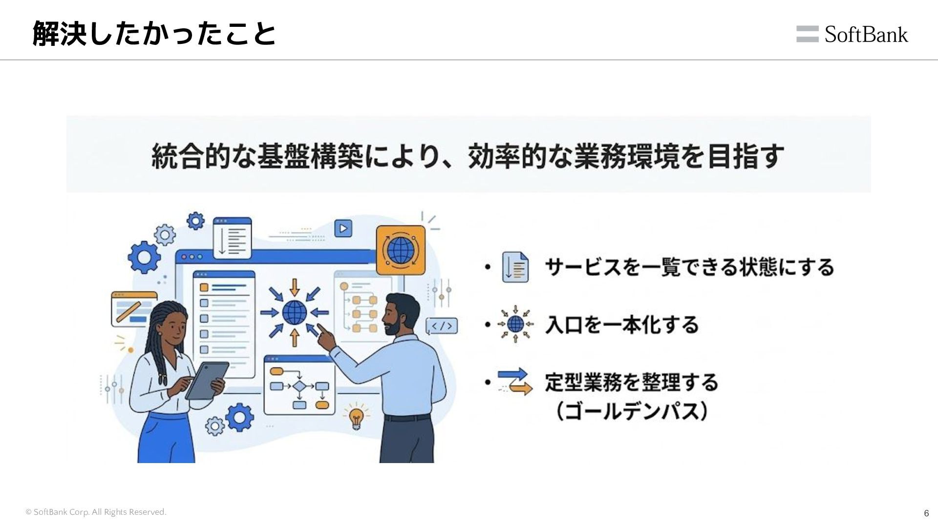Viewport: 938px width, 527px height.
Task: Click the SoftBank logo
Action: (852, 34)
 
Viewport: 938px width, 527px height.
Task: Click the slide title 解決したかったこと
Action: (154, 34)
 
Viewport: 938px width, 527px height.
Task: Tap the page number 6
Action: (926, 513)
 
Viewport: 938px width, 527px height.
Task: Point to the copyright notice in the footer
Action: (96, 512)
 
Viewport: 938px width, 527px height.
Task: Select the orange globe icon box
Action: (401, 250)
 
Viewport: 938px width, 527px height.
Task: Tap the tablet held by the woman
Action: (207, 381)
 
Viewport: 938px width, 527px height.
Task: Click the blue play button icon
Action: (343, 228)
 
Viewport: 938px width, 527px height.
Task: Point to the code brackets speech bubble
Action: (442, 325)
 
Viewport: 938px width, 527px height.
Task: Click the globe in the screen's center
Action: (295, 312)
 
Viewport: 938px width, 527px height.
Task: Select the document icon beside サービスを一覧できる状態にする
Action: (515, 267)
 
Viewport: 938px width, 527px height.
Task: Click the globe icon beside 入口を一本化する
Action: (515, 324)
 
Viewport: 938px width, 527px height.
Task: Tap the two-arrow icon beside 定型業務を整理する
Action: (515, 382)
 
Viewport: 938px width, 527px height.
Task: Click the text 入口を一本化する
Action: (622, 324)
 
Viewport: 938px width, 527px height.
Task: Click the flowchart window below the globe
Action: (299, 385)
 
